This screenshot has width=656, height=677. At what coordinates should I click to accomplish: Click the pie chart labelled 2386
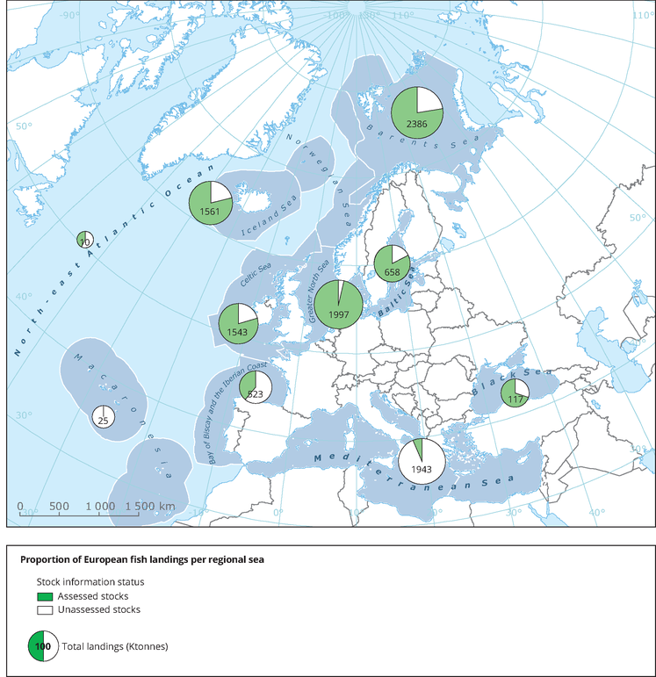click(x=417, y=112)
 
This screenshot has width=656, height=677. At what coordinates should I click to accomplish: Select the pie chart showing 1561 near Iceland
click(x=210, y=203)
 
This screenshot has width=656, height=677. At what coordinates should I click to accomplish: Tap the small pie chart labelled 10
click(x=85, y=240)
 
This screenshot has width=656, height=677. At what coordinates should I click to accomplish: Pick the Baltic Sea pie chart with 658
click(x=392, y=263)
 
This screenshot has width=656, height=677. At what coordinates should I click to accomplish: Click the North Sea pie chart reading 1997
click(x=338, y=305)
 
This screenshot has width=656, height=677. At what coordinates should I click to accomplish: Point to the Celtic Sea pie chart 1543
click(x=238, y=324)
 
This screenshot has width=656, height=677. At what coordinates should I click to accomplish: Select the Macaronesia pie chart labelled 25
click(x=104, y=416)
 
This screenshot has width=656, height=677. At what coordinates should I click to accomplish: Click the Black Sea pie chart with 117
click(x=515, y=393)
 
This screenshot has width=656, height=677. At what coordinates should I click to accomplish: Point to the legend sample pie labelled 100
click(x=43, y=647)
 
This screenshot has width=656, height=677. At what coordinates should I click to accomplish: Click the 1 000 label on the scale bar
click(x=99, y=507)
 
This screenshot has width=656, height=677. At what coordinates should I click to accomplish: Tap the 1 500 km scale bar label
click(x=149, y=507)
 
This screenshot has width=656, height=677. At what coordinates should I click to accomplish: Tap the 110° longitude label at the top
click(x=403, y=16)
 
